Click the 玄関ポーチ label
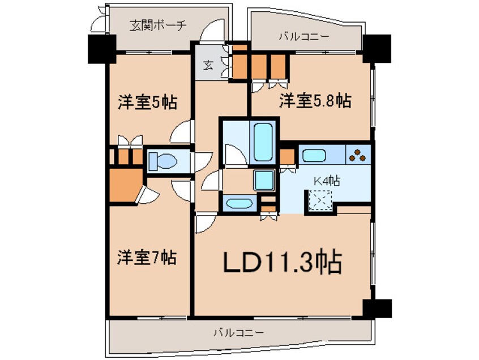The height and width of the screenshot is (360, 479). click(x=158, y=25)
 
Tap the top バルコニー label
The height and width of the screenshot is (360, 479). click(x=304, y=37)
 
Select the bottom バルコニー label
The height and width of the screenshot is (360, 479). click(x=238, y=332)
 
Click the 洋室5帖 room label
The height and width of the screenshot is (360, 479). click(x=148, y=102)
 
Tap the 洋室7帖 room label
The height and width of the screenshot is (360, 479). click(x=147, y=258)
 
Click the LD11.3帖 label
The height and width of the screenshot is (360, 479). click(x=283, y=262)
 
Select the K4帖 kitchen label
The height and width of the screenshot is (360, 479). click(x=327, y=181)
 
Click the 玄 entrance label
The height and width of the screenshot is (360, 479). click(x=208, y=65)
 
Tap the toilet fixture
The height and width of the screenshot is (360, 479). click(x=162, y=161)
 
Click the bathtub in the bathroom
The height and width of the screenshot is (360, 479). click(x=263, y=142)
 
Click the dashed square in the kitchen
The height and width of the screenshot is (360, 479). click(x=320, y=200)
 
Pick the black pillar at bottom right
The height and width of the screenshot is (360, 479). click(x=377, y=308)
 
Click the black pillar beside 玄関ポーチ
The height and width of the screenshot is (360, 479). click(x=102, y=49)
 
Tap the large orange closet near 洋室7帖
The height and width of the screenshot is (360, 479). click(x=126, y=185)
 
